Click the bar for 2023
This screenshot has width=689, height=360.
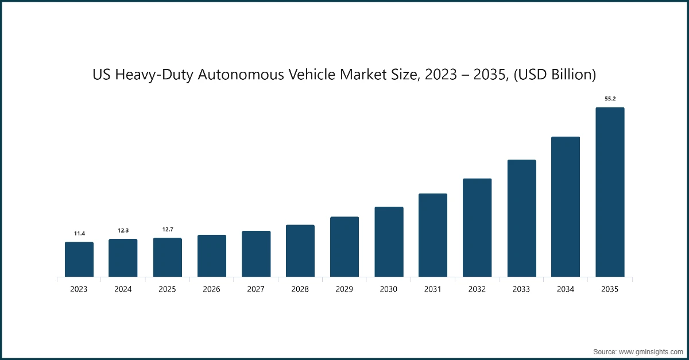[x=79, y=260]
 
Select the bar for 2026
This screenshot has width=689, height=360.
[x=212, y=256]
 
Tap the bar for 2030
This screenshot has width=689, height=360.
[x=389, y=242]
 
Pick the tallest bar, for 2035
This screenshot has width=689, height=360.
[x=610, y=192]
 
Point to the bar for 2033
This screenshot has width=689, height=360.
[x=521, y=218]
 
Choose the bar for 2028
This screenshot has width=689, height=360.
[x=300, y=251]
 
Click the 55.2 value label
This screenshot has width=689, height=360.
[x=610, y=99]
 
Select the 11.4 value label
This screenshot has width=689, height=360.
[x=79, y=233]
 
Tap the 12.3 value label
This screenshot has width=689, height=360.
[x=123, y=230]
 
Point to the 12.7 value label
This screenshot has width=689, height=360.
[x=168, y=230]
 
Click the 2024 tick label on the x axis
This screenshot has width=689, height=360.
[x=123, y=289]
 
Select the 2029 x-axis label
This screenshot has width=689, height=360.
[x=344, y=289]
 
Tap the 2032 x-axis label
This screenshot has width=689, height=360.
[x=477, y=289]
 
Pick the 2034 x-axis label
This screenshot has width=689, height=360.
[x=566, y=289]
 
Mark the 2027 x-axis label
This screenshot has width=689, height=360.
[x=256, y=289]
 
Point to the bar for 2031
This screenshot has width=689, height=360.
[x=433, y=235]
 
